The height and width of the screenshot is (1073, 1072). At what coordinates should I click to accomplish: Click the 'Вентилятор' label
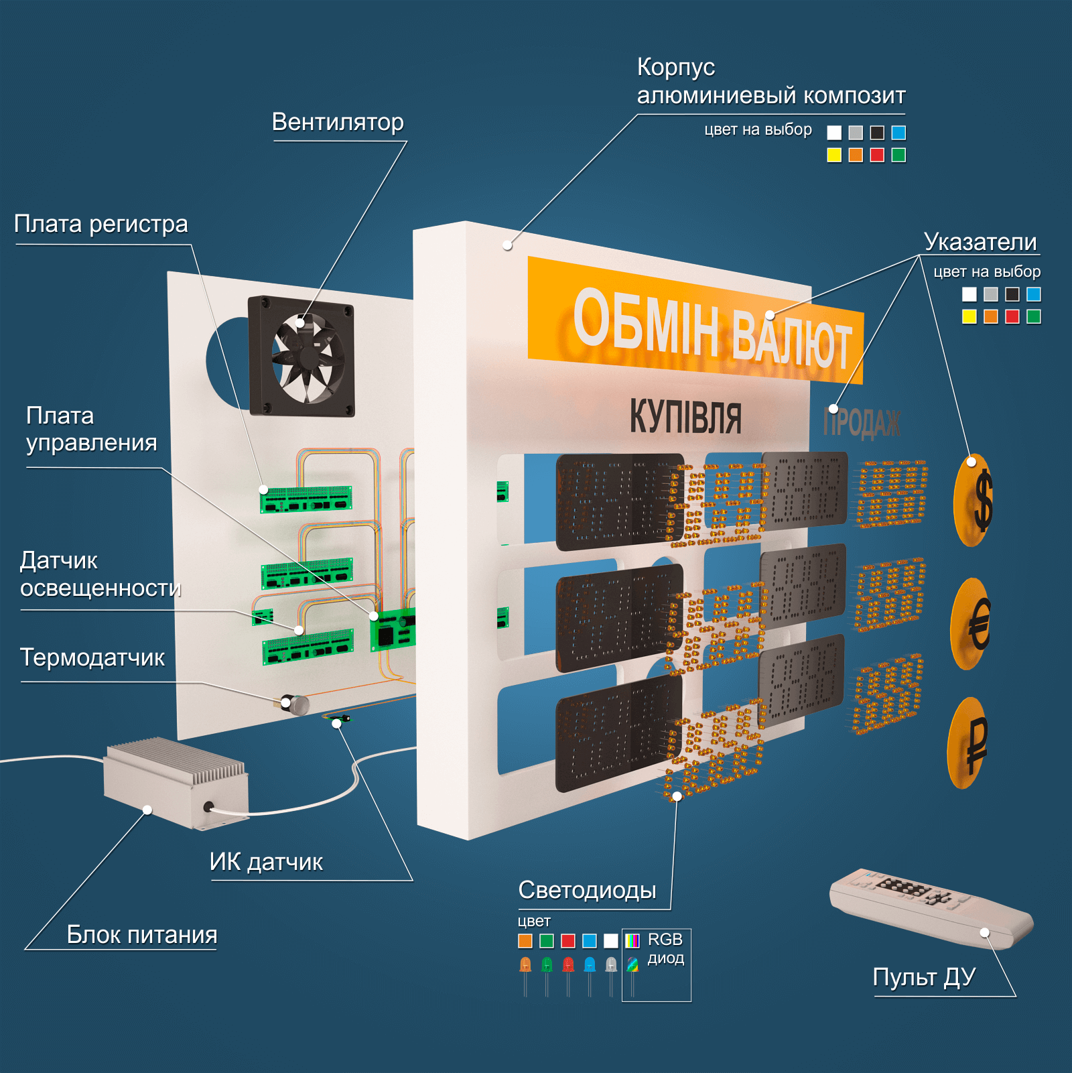point(338,123)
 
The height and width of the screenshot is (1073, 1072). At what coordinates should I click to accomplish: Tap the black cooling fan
point(301,357)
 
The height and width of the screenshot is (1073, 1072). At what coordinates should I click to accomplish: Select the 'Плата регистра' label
point(101,225)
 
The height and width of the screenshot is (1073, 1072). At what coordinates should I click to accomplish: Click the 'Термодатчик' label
point(92,657)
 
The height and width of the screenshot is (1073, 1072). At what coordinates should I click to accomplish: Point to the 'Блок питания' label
point(142,934)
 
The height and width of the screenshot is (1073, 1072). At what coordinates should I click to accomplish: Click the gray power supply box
point(176,783)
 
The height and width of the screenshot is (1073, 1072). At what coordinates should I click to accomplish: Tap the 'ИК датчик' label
point(266,862)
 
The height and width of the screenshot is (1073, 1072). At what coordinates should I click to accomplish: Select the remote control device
point(931,908)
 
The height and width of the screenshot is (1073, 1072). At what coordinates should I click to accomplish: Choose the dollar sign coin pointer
point(974,500)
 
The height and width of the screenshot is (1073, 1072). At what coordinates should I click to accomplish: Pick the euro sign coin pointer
point(972,623)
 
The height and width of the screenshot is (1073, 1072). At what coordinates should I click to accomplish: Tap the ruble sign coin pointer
point(969,743)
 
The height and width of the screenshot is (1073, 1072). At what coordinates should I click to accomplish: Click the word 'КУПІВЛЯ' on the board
point(685,417)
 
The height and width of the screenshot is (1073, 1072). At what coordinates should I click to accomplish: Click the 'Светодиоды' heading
point(587,890)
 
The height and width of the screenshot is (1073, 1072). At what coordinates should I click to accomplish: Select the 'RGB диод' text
point(665,948)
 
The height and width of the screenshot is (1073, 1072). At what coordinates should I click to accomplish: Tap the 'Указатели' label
point(980,242)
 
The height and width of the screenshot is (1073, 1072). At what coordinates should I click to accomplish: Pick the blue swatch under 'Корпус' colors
point(898,133)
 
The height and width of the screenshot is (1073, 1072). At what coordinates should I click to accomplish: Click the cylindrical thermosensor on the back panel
point(295,704)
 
